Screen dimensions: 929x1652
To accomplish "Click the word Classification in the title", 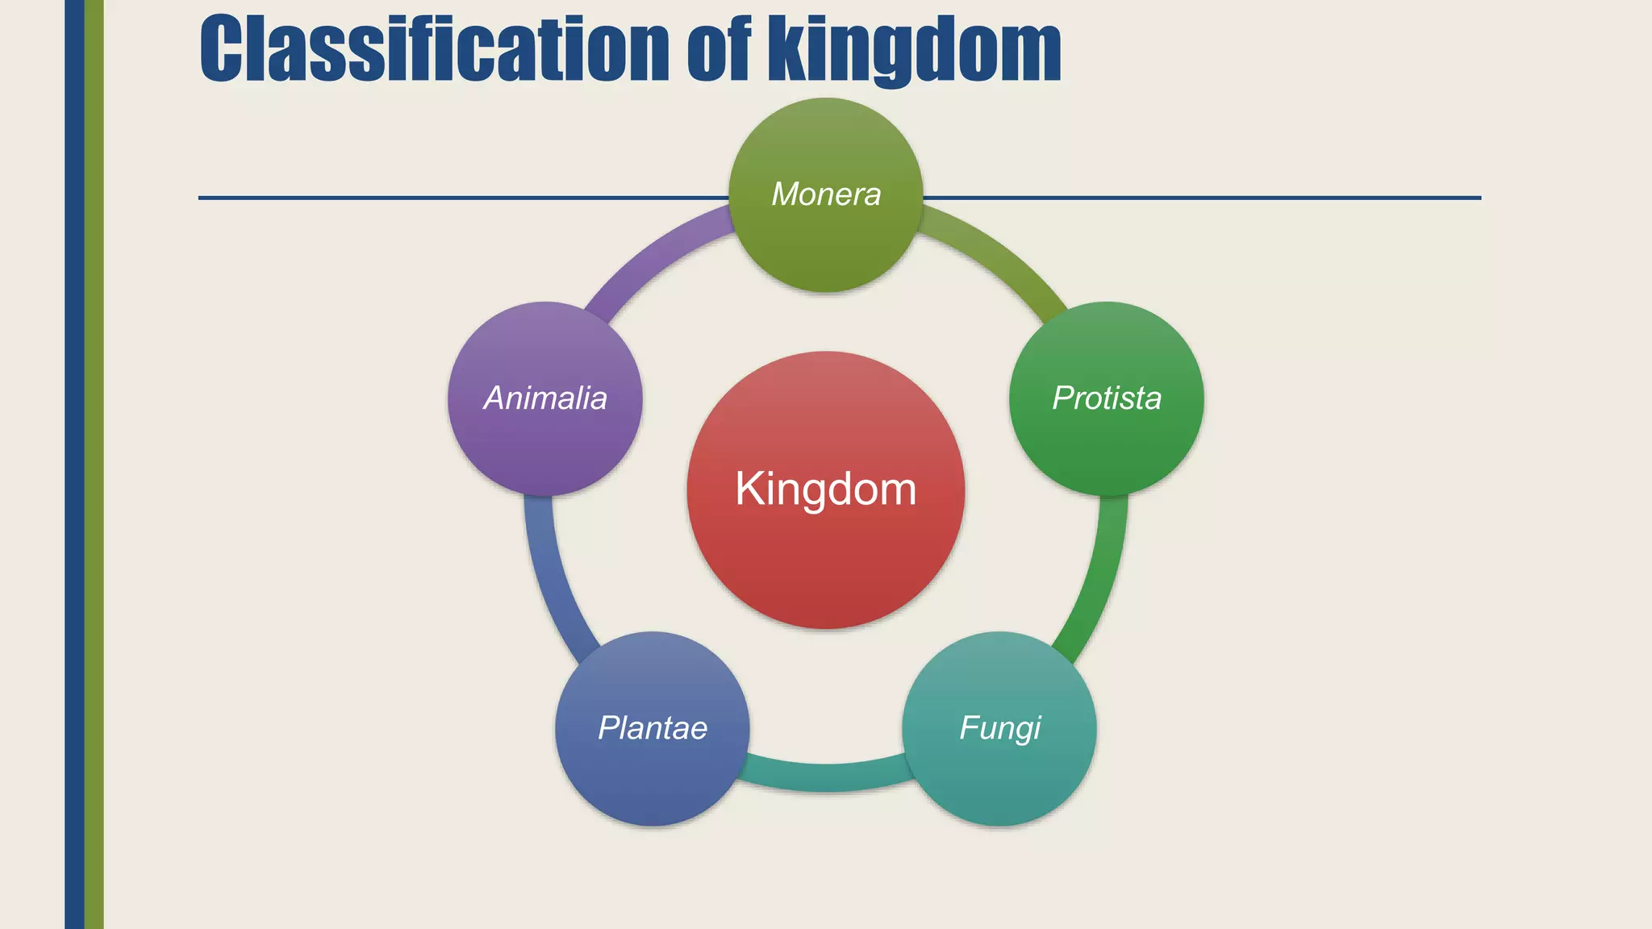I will click(434, 50).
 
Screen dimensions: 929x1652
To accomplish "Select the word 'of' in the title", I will click(719, 50).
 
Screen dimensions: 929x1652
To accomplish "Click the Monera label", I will click(826, 194).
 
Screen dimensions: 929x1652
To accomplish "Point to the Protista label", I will click(1107, 398).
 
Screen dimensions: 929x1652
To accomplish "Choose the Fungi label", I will click(999, 728).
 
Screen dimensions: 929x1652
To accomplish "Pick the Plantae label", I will click(653, 728).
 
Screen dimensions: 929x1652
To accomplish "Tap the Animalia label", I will click(545, 398).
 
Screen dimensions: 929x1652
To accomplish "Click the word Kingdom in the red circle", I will click(826, 489).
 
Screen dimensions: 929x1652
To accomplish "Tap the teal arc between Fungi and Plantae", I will click(826, 777).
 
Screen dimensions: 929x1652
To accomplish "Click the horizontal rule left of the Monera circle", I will click(460, 198).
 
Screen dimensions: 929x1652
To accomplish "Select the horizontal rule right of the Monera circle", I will click(1202, 198).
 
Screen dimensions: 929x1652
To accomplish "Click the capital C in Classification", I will click(223, 50).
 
